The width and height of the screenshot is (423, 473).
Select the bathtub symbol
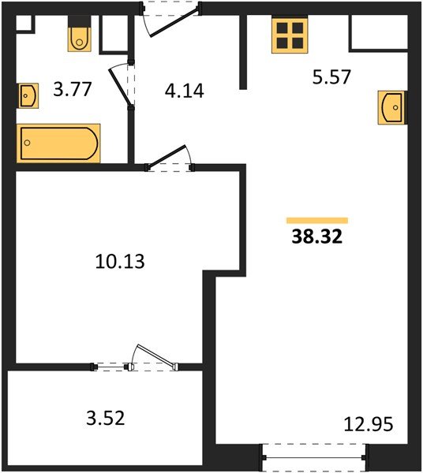coord(58,143)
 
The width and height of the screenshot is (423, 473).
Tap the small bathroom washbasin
coord(28,95)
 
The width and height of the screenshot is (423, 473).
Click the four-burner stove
coord(290,35)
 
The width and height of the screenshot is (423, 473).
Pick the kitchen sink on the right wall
coord(391,107)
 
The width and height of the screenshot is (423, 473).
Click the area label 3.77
coord(72,90)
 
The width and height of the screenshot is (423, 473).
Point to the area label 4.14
coord(184,91)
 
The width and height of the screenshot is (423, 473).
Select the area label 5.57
coord(331,77)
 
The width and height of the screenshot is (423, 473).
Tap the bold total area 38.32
coord(317,236)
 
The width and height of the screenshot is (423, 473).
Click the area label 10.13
coord(120,261)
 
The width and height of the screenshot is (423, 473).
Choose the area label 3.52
coord(106,418)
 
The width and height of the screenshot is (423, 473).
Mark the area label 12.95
coord(369,424)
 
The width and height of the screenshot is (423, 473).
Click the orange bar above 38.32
coord(317,221)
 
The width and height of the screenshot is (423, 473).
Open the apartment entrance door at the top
coord(174,24)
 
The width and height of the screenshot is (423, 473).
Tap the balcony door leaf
coord(156,357)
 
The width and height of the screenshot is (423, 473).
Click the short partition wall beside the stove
coord(243,52)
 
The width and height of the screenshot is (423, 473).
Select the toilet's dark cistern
coord(80,22)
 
